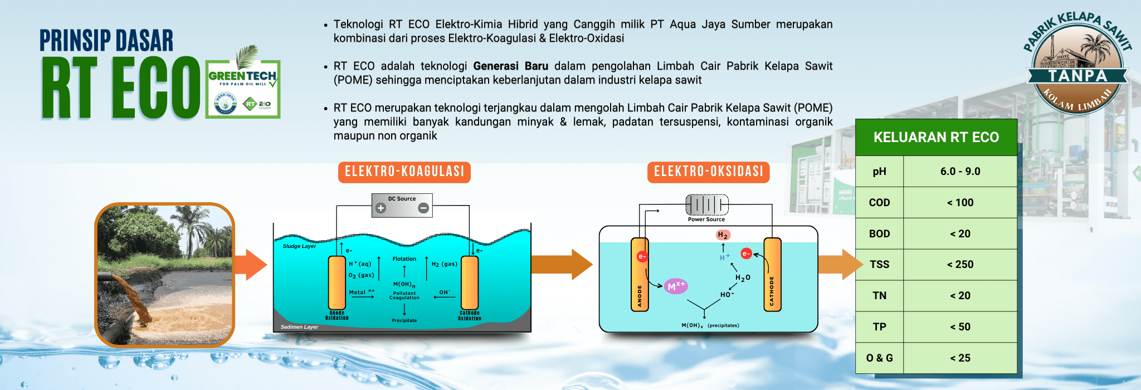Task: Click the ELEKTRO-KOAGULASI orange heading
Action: (x=404, y=172)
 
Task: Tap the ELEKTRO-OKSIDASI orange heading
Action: (x=708, y=172)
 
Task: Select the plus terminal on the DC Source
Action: (x=381, y=208)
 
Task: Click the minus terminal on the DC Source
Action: (x=423, y=208)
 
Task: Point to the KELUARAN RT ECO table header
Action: (x=936, y=137)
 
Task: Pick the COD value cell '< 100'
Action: (x=960, y=203)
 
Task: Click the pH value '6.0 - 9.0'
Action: (x=960, y=172)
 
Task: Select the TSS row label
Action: (x=879, y=265)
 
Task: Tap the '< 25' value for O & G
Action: (x=960, y=358)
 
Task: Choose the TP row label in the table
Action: (x=879, y=327)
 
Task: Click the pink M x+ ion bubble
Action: (x=676, y=286)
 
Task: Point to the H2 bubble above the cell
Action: (x=723, y=235)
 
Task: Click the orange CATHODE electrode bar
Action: (x=772, y=274)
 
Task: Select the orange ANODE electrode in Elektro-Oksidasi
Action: (x=640, y=274)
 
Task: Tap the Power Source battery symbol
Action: (x=706, y=204)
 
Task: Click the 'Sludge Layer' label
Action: (x=299, y=246)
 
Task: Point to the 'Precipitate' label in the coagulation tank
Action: (x=404, y=320)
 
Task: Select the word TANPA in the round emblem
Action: (x=1077, y=76)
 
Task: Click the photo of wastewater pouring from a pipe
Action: (x=165, y=275)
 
